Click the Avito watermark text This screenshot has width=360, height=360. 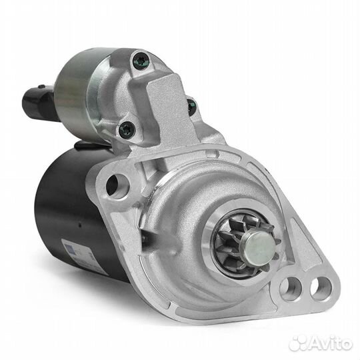click(x=330, y=345)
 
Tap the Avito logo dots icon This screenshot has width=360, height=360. click(x=298, y=344)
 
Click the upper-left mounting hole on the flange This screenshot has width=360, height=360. click(x=117, y=185)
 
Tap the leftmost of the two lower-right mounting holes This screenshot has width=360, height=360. click(x=290, y=289)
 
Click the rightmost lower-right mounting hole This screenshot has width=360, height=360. click(x=321, y=288)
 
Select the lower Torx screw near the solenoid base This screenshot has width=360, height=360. click(x=127, y=130)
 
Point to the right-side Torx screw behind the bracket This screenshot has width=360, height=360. click(x=191, y=107)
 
